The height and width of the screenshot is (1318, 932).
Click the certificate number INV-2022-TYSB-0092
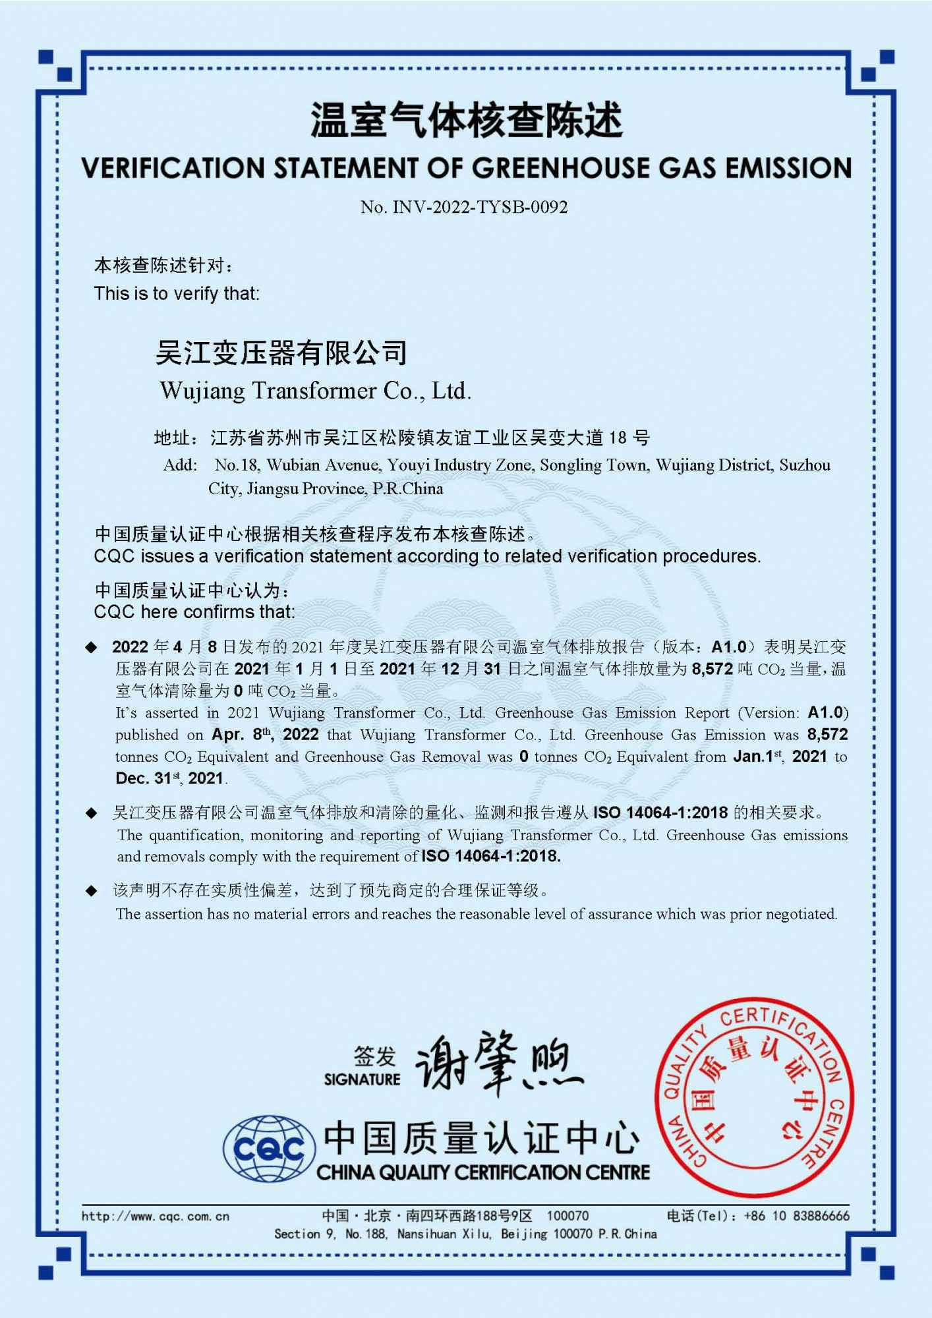pyautogui.click(x=480, y=208)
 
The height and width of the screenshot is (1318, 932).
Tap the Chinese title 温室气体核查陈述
pyautogui.click(x=466, y=121)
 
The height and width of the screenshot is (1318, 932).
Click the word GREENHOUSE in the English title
pyautogui.click(x=561, y=169)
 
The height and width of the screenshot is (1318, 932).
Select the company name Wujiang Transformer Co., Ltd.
pyautogui.click(x=316, y=391)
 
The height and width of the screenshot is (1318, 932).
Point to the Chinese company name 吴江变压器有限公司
pyautogui.click(x=281, y=353)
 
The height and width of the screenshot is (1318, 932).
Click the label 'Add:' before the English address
pyautogui.click(x=180, y=465)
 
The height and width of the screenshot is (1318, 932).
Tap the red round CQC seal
pyautogui.click(x=754, y=1098)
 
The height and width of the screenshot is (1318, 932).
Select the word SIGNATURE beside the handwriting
pyautogui.click(x=362, y=1079)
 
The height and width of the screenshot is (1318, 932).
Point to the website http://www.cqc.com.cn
pyautogui.click(x=156, y=1217)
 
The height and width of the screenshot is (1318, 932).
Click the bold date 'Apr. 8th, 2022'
pyautogui.click(x=265, y=735)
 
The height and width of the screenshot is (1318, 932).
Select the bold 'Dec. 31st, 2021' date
pyautogui.click(x=169, y=778)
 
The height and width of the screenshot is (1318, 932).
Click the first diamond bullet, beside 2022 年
pyautogui.click(x=92, y=647)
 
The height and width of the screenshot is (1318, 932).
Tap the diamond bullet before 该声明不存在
pyautogui.click(x=92, y=892)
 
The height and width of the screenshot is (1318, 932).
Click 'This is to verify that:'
pyautogui.click(x=177, y=293)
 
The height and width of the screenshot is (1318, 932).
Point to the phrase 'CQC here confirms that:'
pyautogui.click(x=194, y=612)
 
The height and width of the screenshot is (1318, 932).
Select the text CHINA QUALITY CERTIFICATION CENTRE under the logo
pyautogui.click(x=482, y=1172)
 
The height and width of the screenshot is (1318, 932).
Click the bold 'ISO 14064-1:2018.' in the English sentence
pyautogui.click(x=490, y=857)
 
